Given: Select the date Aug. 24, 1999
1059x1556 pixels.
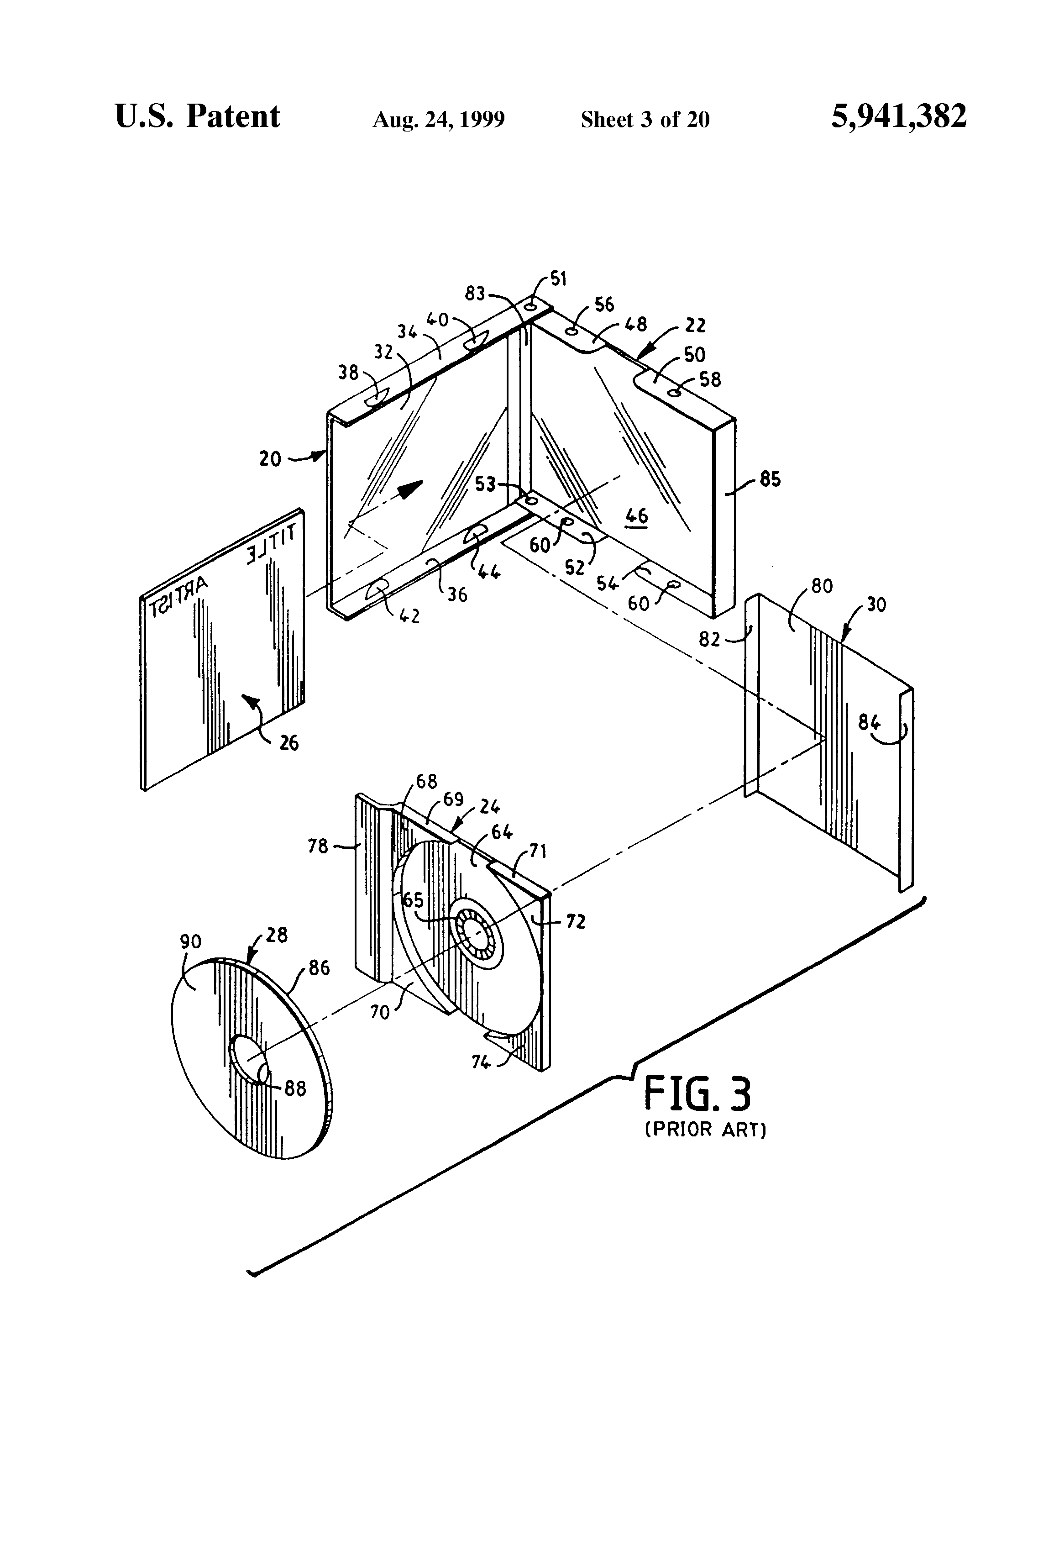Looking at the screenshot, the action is point(439,119).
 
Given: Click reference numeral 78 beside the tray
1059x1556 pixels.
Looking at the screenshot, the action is point(318,846).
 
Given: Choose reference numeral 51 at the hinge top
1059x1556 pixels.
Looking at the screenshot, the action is point(558,279).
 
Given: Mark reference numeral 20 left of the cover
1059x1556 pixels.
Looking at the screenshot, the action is point(270,459).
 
